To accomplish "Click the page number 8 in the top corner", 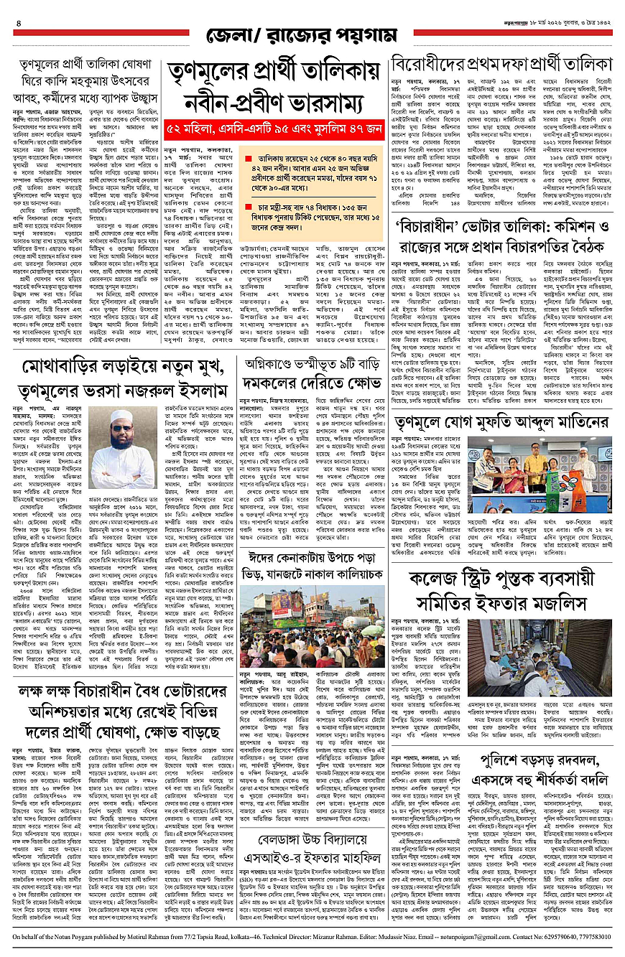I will (18, 24).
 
